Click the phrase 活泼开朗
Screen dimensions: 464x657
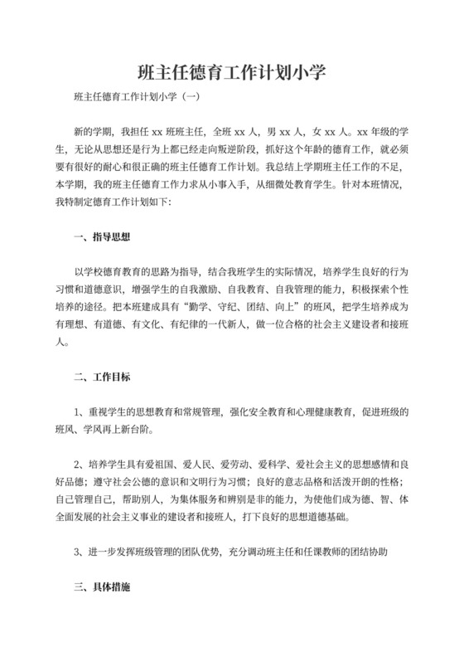pyautogui.click(x=343, y=482)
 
